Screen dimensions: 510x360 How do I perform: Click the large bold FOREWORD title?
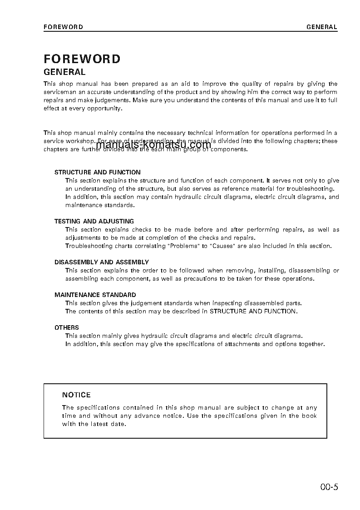coord(82,59)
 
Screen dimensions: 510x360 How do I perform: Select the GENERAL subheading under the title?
coord(64,72)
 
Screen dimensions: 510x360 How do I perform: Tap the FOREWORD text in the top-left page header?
coord(63,27)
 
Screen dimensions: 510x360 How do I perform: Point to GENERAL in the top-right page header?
coord(321,27)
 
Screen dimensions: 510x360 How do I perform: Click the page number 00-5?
coord(329,488)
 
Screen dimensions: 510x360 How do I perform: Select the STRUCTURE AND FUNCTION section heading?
coord(98,173)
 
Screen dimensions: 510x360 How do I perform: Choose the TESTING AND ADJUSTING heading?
coord(94,222)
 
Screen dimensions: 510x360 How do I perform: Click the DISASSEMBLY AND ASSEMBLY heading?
coord(102,262)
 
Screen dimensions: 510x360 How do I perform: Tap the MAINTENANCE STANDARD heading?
coord(95,295)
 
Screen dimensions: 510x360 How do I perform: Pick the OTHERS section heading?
coord(67,328)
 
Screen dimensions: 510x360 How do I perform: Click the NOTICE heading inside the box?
coord(76,395)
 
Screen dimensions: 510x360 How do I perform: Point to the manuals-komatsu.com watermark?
coord(153,145)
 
